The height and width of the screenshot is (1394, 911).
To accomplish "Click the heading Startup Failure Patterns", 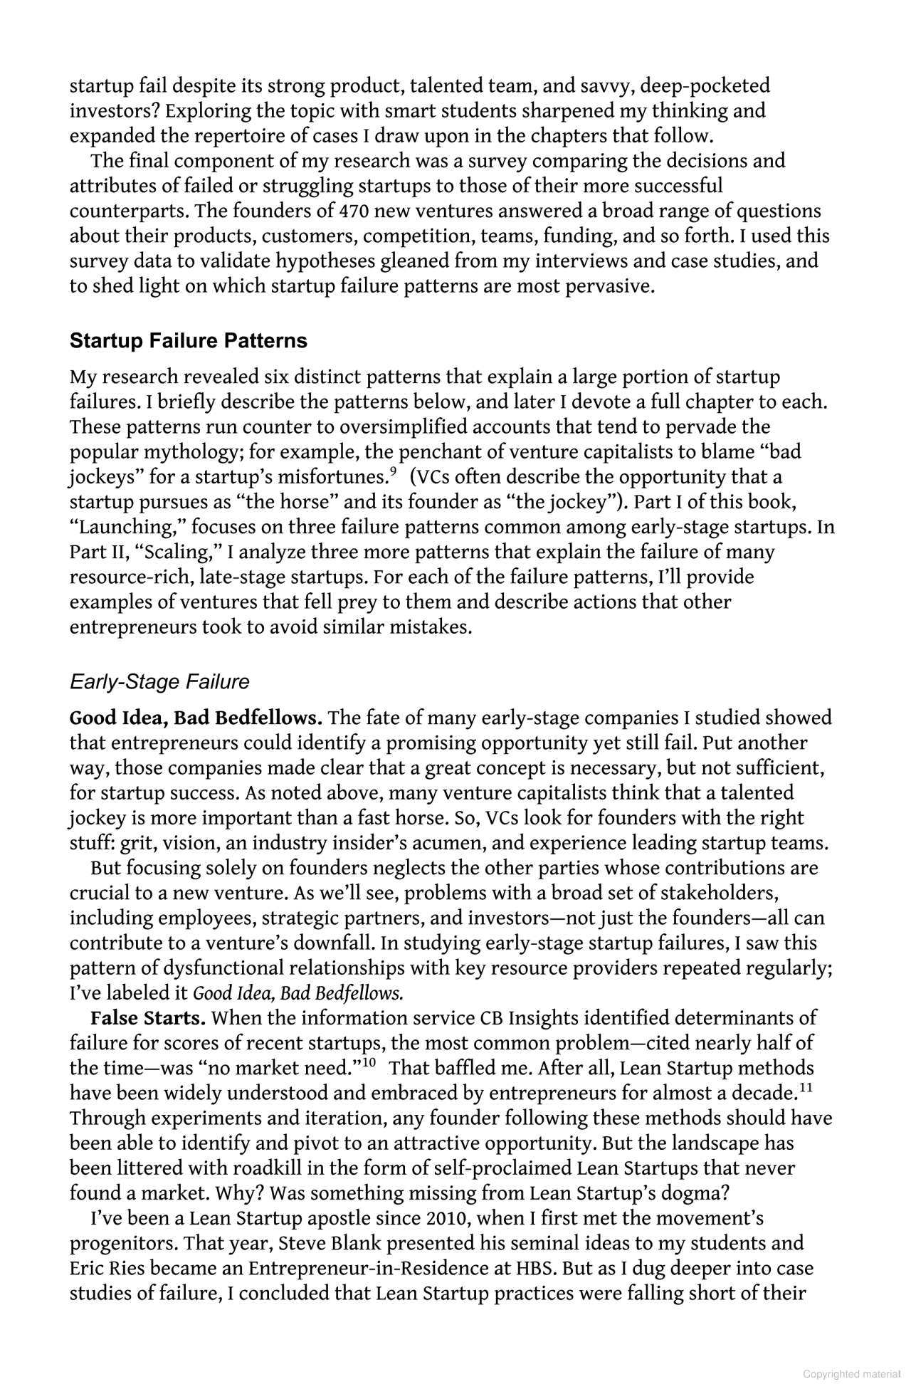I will click(x=189, y=341).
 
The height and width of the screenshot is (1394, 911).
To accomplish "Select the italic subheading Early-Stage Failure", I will click(x=159, y=682).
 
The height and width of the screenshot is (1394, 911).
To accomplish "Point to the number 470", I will click(x=355, y=211).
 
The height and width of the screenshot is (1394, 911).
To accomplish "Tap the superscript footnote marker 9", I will click(x=392, y=471).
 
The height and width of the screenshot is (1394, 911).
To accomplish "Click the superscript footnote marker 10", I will click(x=369, y=1063).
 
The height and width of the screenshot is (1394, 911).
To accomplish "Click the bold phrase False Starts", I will click(x=148, y=1018).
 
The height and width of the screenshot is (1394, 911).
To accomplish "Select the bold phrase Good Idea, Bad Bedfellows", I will click(x=196, y=718).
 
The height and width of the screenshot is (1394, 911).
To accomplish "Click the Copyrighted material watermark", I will click(x=853, y=1375).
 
